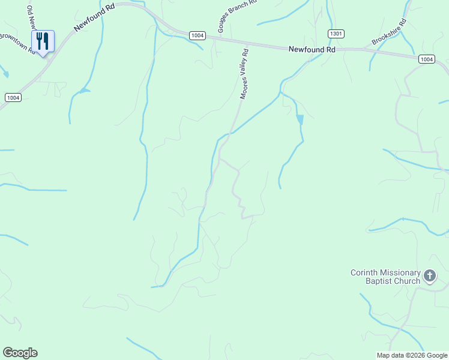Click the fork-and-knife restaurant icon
click(42, 41)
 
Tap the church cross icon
click(430, 276)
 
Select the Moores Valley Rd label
click(244, 74)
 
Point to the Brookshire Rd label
click(389, 32)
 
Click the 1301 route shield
click(336, 34)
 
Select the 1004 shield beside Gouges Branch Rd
click(197, 35)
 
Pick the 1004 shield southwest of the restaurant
click(13, 97)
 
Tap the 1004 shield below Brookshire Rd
click(426, 58)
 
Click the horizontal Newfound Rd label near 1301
click(312, 50)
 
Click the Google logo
click(20, 353)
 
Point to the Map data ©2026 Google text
click(412, 355)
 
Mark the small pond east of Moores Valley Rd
click(300, 119)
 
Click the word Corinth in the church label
click(365, 273)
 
